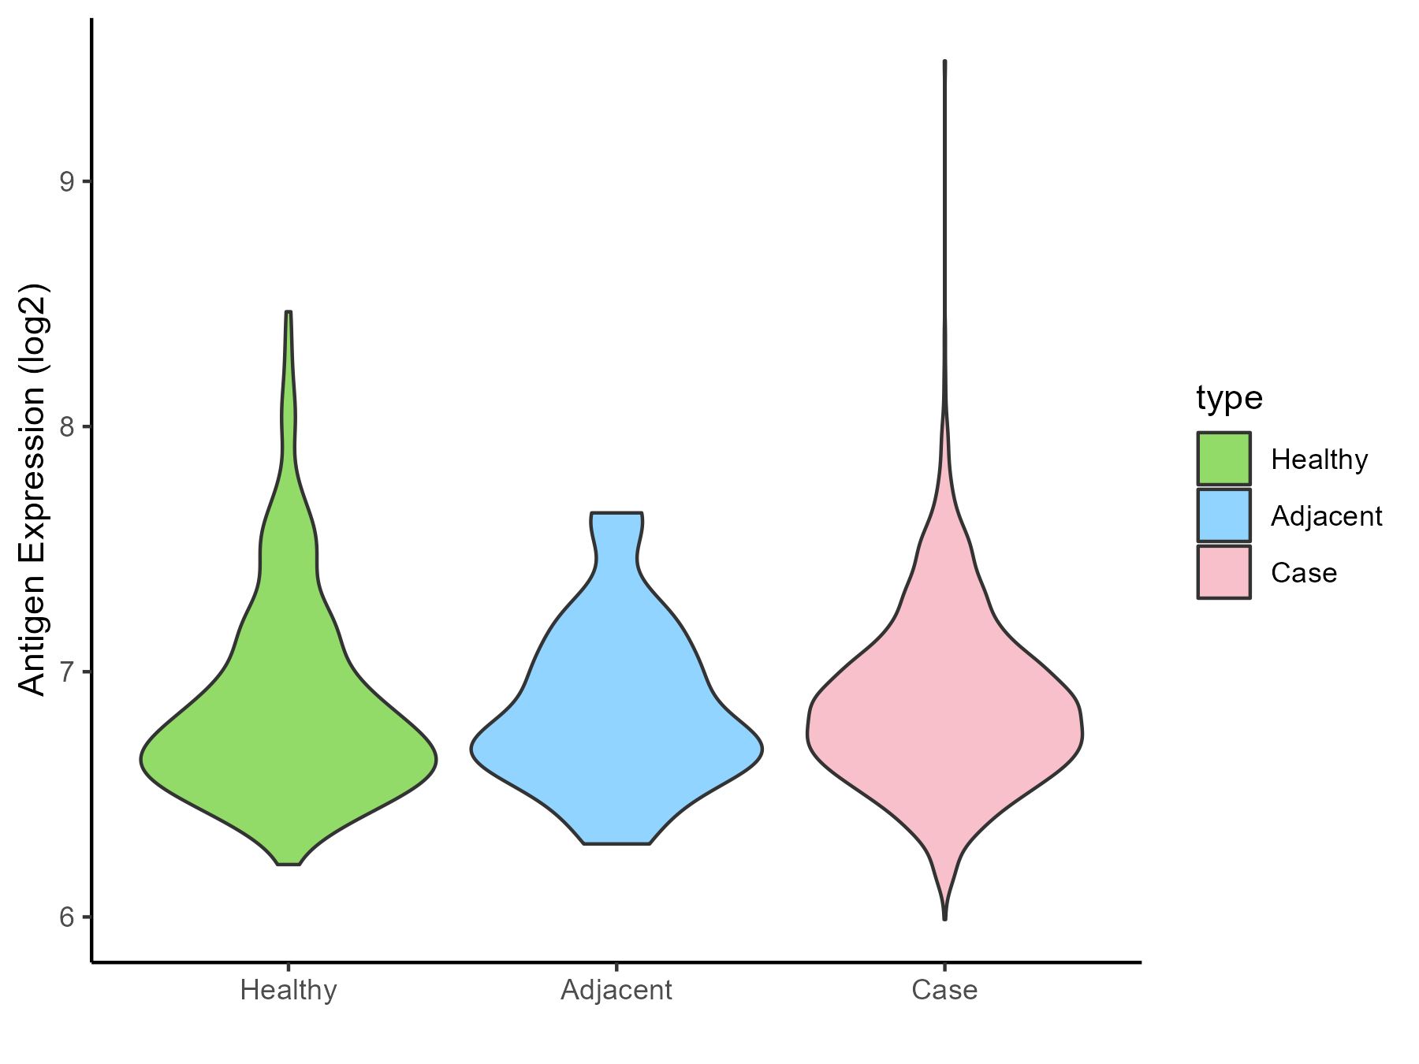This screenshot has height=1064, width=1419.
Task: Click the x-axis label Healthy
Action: coord(289,990)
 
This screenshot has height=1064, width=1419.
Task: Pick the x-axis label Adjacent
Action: coord(616,990)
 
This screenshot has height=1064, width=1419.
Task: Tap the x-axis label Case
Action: coord(944,990)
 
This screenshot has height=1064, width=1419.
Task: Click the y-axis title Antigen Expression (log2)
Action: coord(33,489)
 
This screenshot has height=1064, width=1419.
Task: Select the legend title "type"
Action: coord(1229,398)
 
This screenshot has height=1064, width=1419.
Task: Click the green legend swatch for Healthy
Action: coord(1223,459)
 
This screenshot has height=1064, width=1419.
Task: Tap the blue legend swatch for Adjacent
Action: coord(1223,515)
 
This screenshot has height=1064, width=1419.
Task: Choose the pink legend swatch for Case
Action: coord(1223,572)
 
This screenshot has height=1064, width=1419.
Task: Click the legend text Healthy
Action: coord(1319,459)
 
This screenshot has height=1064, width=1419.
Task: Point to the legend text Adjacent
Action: coord(1326,516)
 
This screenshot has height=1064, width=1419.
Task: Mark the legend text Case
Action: coord(1304,573)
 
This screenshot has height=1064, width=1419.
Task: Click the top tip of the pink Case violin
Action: coord(944,61)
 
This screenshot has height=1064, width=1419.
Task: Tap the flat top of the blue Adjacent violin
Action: coord(616,514)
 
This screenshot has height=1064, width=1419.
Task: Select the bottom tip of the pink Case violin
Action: coord(944,918)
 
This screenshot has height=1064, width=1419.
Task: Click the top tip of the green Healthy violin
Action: coord(289,313)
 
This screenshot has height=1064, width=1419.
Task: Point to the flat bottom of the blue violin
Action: coord(616,843)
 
